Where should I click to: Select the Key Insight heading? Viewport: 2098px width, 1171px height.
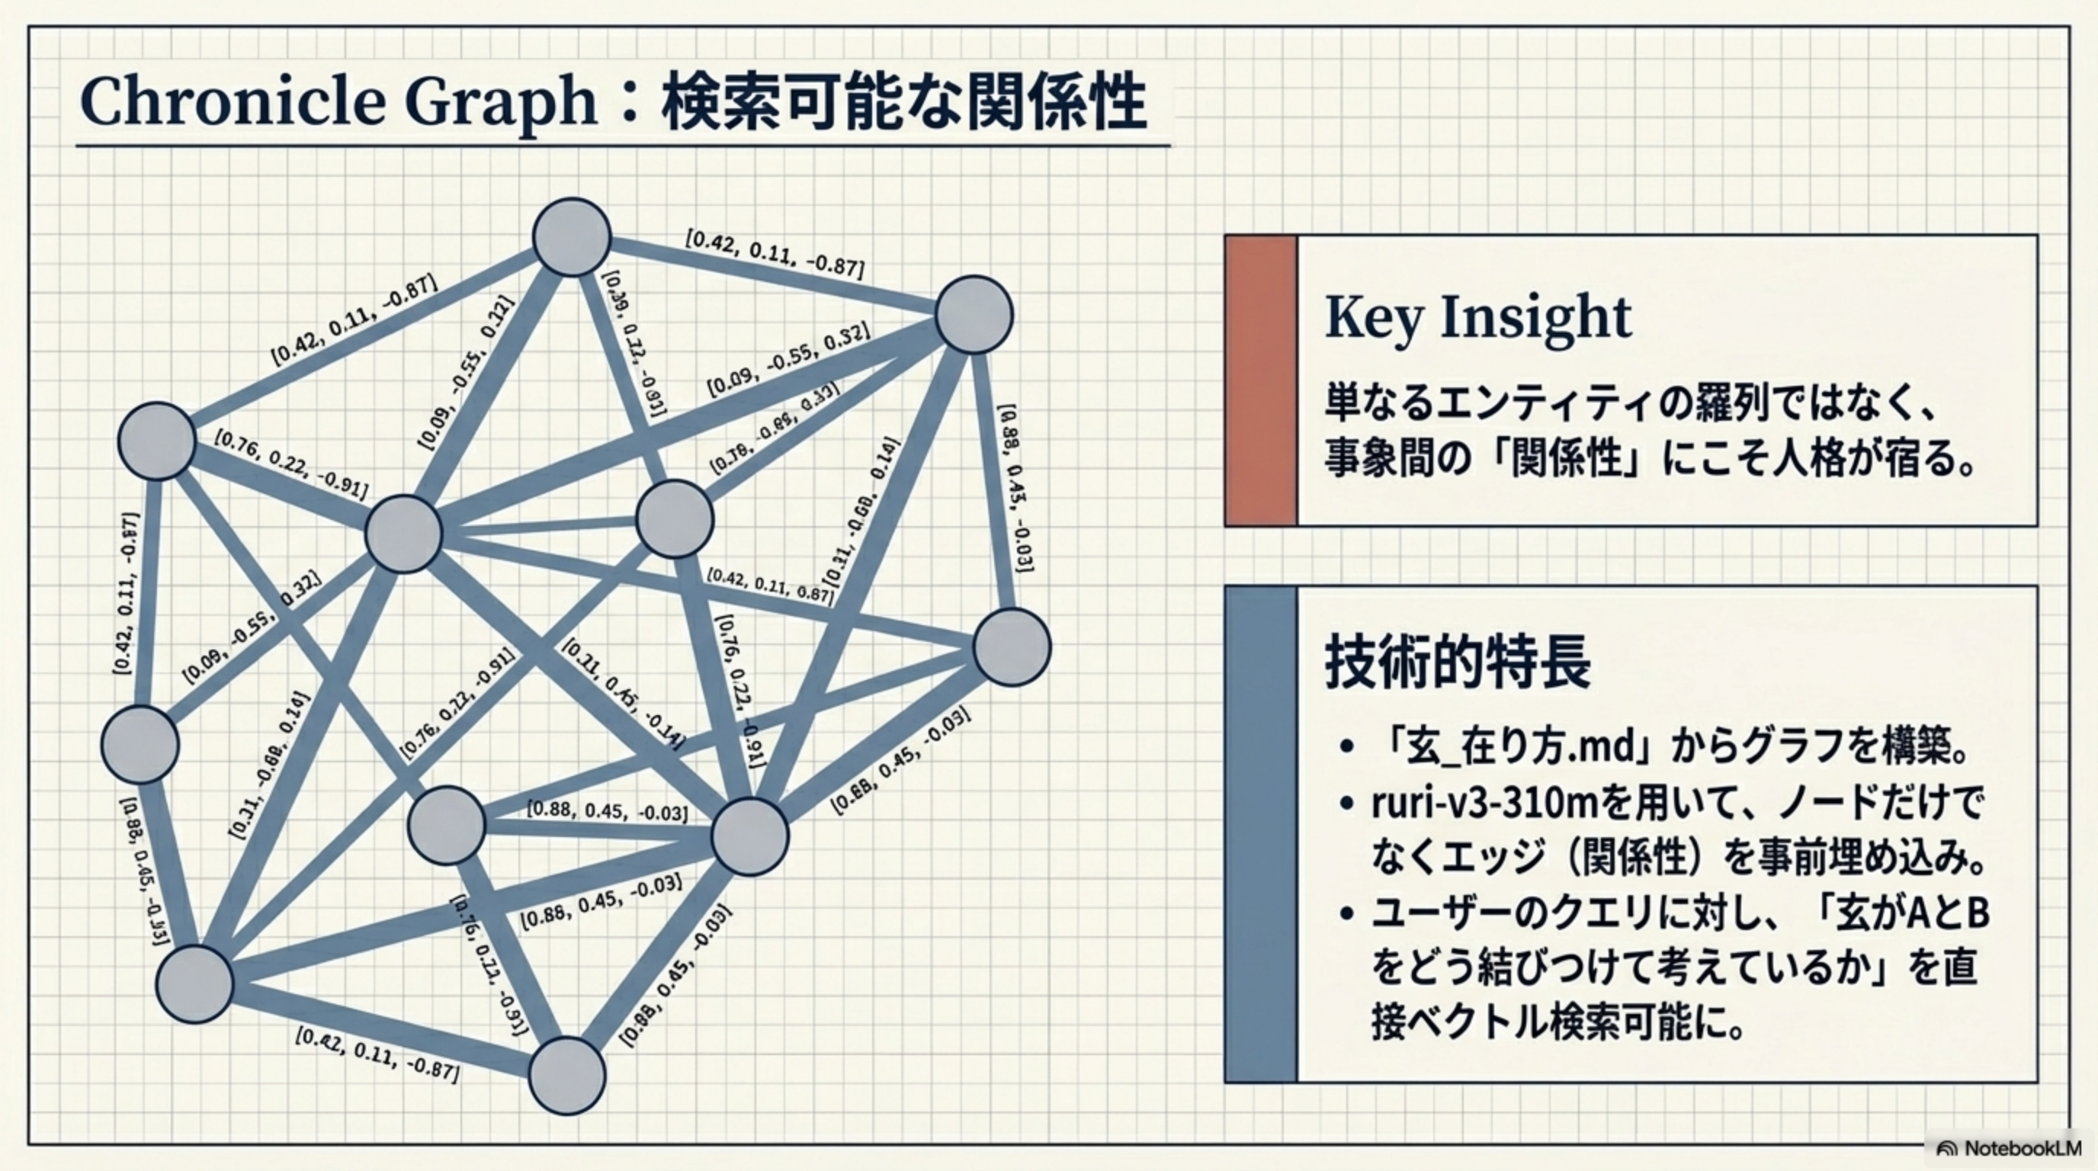(x=1477, y=318)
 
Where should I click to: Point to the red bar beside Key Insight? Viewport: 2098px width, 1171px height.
(x=1261, y=380)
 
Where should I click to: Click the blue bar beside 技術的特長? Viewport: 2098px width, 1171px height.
(x=1261, y=834)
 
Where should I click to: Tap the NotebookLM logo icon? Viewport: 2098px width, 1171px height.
(x=1947, y=1149)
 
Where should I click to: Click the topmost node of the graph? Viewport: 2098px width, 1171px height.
(x=572, y=237)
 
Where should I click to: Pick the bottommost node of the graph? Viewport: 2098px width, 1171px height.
(x=567, y=1076)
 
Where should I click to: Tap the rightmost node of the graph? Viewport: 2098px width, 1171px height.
(x=1012, y=647)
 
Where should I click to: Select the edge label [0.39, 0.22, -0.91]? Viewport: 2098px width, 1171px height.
(x=634, y=342)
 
